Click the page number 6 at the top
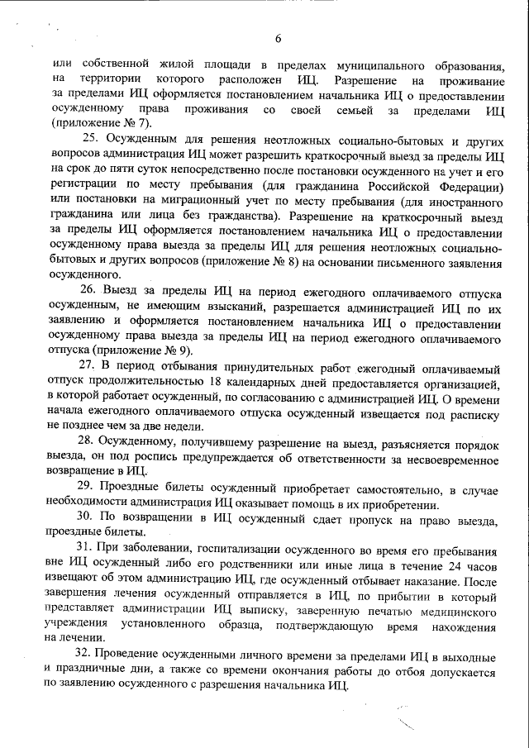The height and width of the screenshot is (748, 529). click(x=279, y=37)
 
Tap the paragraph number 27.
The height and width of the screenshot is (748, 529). click(x=87, y=365)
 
